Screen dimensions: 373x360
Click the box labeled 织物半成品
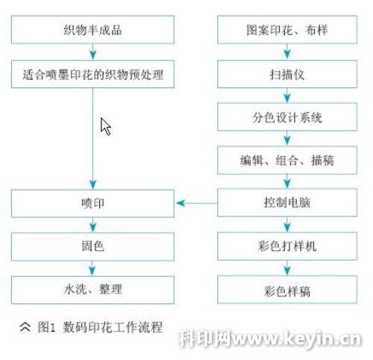pyautogui.click(x=93, y=30)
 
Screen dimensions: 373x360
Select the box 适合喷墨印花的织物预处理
pyautogui.click(x=93, y=74)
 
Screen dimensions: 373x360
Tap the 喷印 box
pyautogui.click(x=93, y=203)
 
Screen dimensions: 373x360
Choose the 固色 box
pyautogui.click(x=93, y=246)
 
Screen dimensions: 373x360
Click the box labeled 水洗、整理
pyautogui.click(x=93, y=290)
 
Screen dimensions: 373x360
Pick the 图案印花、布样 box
pyautogui.click(x=287, y=30)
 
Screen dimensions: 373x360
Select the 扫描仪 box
pyautogui.click(x=287, y=74)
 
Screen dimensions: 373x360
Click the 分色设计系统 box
pyautogui.click(x=287, y=117)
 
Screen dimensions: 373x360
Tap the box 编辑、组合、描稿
pyautogui.click(x=287, y=160)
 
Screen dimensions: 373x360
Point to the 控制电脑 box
pyautogui.click(x=287, y=202)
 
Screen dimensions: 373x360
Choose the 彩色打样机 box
pyautogui.click(x=287, y=246)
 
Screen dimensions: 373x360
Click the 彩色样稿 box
pyautogui.click(x=287, y=290)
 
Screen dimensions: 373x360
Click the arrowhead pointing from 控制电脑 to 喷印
pyautogui.click(x=181, y=203)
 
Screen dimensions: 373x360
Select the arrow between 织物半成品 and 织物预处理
pyautogui.click(x=93, y=52)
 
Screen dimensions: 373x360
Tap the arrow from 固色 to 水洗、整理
pyautogui.click(x=93, y=268)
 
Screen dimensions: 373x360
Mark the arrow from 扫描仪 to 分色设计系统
pyautogui.click(x=287, y=96)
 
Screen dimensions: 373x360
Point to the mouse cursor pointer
pyautogui.click(x=106, y=126)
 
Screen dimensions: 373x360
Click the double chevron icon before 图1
pyautogui.click(x=25, y=327)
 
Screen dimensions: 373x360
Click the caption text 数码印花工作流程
pyautogui.click(x=113, y=327)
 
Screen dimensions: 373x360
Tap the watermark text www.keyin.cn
pyautogui.click(x=297, y=338)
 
